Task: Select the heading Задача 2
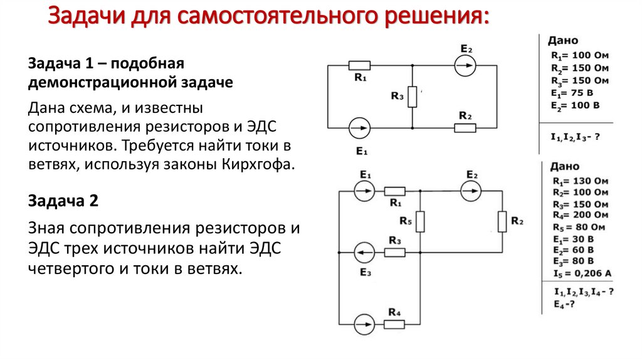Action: [63, 201]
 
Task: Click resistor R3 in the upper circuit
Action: [412, 97]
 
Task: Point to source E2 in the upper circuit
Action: [465, 65]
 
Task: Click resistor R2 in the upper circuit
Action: [465, 128]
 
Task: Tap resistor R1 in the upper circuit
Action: [359, 65]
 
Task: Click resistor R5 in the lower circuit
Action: [419, 221]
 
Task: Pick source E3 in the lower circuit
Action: [362, 253]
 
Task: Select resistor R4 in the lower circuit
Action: [394, 324]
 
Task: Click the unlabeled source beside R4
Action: [362, 324]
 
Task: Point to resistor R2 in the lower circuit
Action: [502, 221]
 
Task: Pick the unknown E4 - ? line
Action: [564, 304]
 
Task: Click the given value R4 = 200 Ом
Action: [580, 215]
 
